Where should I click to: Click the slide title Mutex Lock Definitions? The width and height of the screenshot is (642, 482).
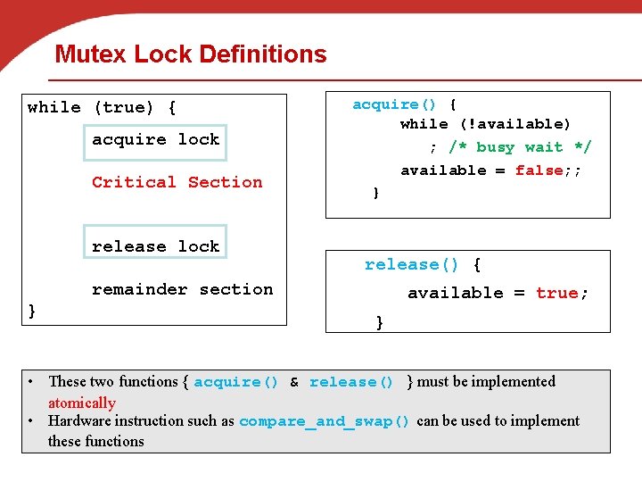pyautogui.click(x=191, y=54)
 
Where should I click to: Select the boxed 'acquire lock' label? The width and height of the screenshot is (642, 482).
pyautogui.click(x=155, y=139)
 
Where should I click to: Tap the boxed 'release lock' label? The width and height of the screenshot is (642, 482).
pyautogui.click(x=155, y=246)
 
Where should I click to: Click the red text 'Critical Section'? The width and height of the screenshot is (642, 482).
pyautogui.click(x=177, y=182)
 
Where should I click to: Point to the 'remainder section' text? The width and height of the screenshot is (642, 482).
pyautogui.click(x=182, y=289)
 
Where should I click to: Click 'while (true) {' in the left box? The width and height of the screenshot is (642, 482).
pyautogui.click(x=102, y=107)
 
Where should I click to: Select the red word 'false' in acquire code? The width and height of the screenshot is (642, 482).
pyautogui.click(x=539, y=170)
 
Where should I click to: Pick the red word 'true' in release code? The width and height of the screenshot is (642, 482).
pyautogui.click(x=556, y=293)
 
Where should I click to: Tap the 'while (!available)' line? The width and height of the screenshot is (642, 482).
pyautogui.click(x=485, y=124)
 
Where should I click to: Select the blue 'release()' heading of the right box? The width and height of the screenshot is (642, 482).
pyautogui.click(x=411, y=264)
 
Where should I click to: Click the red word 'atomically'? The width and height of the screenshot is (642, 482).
pyautogui.click(x=82, y=403)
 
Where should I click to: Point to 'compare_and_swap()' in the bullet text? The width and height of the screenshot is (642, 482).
pyautogui.click(x=325, y=421)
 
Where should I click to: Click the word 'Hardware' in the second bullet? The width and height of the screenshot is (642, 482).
pyautogui.click(x=79, y=421)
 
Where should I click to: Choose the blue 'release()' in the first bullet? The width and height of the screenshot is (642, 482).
pyautogui.click(x=351, y=382)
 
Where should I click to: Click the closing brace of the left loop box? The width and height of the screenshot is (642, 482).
pyautogui.click(x=32, y=310)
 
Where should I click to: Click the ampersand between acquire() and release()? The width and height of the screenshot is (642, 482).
pyautogui.click(x=294, y=382)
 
